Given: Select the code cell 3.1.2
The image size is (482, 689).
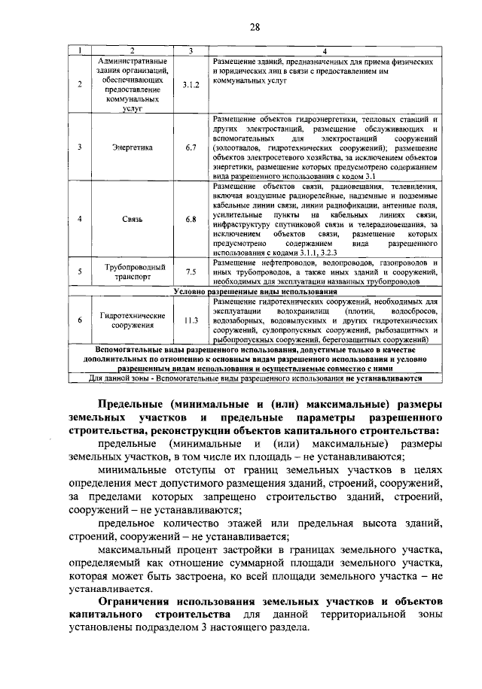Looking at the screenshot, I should (191, 85).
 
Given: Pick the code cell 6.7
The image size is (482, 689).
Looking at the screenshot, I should (191, 148).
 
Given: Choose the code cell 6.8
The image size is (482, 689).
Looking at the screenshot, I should (191, 219).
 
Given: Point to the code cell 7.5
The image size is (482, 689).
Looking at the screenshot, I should (191, 272).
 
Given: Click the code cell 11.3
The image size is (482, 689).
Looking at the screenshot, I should (191, 320).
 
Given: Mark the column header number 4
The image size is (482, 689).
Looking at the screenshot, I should (324, 51).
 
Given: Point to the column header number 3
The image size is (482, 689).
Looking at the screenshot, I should (191, 51).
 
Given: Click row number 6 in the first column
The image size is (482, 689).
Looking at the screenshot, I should (80, 320).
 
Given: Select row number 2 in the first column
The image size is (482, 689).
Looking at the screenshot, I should (80, 85).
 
